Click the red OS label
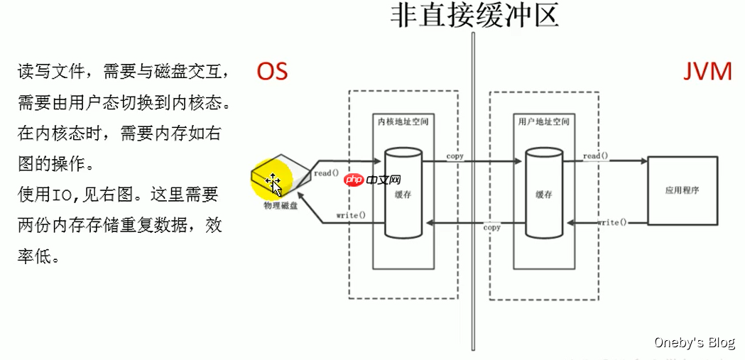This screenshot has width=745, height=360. [272, 71]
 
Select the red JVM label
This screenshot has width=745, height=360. [707, 72]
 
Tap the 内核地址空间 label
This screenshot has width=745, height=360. [403, 122]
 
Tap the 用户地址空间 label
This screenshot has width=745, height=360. [544, 122]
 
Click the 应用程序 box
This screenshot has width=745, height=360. [682, 190]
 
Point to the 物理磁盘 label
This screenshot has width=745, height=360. [281, 206]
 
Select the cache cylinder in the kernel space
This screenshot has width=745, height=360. [403, 193]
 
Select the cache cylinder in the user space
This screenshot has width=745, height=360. [544, 193]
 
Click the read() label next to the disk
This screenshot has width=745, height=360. [326, 173]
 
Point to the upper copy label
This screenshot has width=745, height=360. [455, 156]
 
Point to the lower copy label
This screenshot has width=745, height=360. [491, 227]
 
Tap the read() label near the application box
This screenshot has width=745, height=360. [595, 156]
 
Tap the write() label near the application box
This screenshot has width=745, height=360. [612, 222]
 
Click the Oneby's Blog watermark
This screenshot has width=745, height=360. [695, 342]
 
